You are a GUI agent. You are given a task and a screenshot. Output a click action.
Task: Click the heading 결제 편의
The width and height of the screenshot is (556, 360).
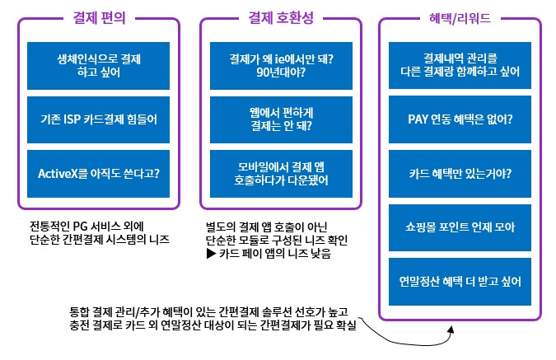coord(100,17)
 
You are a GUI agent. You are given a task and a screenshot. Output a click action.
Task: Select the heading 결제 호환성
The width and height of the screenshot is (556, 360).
coord(281,17)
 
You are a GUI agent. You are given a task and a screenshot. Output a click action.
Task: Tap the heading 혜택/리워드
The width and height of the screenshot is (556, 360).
coord(460,18)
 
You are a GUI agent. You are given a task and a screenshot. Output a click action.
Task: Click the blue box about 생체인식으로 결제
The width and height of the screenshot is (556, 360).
coord(99,66)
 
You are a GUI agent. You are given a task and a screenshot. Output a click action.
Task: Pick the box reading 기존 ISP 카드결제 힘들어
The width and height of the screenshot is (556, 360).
coord(99,119)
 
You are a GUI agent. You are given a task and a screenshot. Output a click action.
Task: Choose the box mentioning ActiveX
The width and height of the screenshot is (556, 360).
coord(99,174)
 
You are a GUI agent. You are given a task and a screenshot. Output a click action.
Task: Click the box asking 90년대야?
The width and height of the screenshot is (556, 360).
coord(281,66)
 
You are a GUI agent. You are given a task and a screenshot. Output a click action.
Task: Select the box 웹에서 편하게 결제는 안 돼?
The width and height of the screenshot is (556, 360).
coord(281,119)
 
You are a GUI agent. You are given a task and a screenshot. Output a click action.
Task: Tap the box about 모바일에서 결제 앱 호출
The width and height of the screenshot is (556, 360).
coord(281,174)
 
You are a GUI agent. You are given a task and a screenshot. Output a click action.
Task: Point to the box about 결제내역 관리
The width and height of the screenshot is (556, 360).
coord(460,65)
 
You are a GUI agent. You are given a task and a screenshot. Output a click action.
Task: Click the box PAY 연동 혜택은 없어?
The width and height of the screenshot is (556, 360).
coord(460,119)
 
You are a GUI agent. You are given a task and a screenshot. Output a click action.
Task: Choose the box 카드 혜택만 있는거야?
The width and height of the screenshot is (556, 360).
coord(460,174)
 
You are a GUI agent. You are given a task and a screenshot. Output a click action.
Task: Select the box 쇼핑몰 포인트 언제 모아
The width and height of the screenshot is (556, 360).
coord(460,227)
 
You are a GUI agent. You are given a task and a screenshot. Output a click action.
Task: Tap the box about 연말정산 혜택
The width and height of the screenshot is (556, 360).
coord(460,282)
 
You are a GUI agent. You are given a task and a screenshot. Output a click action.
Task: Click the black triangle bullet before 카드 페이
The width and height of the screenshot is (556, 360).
coord(211,254)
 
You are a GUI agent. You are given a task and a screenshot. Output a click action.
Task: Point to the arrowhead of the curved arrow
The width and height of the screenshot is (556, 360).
coord(451,330)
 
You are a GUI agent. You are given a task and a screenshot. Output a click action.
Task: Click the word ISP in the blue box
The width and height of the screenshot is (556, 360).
coord(72,119)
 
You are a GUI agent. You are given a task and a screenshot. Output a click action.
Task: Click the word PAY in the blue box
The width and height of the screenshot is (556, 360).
coord(418,119)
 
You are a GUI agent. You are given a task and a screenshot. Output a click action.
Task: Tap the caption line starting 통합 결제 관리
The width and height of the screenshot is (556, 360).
coord(208,311)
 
